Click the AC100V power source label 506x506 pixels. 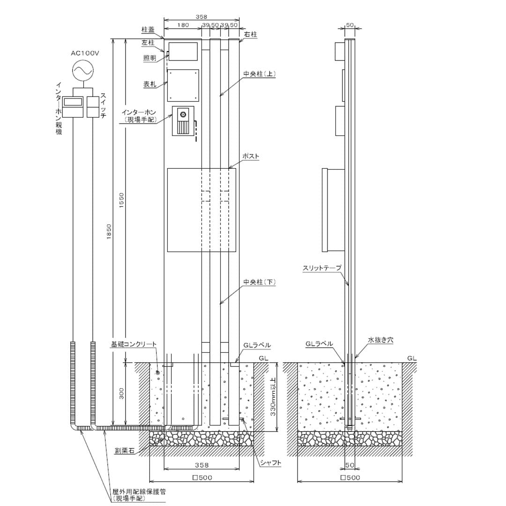85,53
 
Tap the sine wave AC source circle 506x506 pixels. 82,70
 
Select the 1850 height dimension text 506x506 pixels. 109,232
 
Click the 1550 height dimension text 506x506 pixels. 121,200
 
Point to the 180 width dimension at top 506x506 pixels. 183,25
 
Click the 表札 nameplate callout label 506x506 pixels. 150,84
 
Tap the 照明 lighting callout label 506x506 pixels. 150,58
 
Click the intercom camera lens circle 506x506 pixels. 184,115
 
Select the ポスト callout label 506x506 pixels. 251,156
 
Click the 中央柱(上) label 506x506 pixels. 260,74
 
